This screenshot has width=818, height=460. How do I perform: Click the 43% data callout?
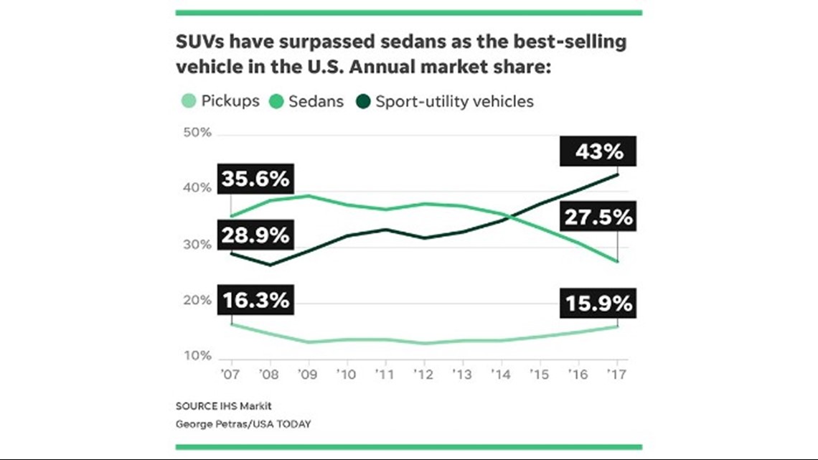598,153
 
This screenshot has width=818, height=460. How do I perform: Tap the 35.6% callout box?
255,179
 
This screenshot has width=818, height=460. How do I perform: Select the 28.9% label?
255,235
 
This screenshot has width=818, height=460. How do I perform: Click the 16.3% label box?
255,300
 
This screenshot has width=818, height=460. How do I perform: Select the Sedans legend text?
316,101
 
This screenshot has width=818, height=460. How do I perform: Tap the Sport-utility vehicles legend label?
454,101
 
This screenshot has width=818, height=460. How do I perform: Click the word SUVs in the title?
199,42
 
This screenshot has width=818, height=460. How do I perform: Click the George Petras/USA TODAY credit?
243,423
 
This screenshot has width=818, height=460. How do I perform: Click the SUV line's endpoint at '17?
618,174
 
